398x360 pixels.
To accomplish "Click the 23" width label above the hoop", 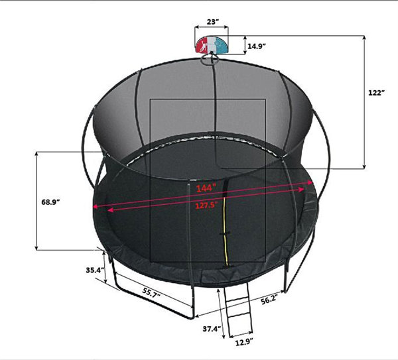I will (212, 22).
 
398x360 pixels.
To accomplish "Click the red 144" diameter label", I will (206, 188).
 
